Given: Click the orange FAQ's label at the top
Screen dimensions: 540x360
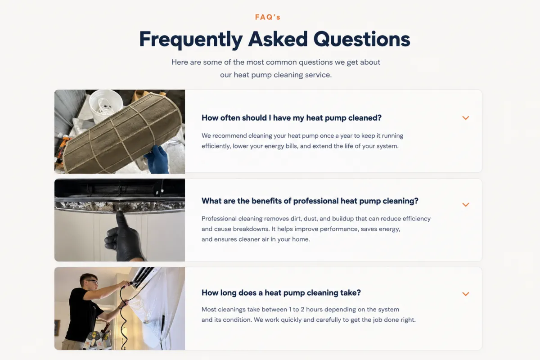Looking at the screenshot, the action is [268, 17].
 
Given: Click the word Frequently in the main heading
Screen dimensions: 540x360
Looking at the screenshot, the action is [191, 39].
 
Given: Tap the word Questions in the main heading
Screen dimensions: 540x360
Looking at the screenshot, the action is [362, 39].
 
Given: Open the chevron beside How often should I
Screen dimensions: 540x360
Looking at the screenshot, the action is [465, 118].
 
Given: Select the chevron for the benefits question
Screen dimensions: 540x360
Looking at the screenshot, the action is [465, 205].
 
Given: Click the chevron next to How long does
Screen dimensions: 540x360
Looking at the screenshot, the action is [465, 294].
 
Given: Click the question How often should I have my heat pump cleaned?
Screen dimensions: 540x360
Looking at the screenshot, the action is [292, 117].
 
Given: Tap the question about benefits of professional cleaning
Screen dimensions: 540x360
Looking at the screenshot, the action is [310, 201].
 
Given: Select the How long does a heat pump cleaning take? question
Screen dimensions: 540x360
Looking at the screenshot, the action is [281, 293].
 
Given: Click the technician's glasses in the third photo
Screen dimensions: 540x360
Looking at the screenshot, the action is [93, 281].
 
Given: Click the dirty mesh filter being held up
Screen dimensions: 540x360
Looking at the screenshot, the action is [122, 132].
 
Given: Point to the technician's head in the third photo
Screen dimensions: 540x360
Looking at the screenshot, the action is [89, 282].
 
